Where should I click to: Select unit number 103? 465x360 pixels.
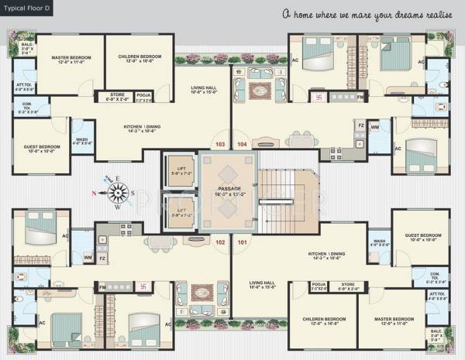pyautogui.click(x=219, y=144)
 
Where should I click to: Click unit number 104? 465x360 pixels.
pyautogui.click(x=242, y=144)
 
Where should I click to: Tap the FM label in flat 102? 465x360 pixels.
pyautogui.click(x=124, y=287)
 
